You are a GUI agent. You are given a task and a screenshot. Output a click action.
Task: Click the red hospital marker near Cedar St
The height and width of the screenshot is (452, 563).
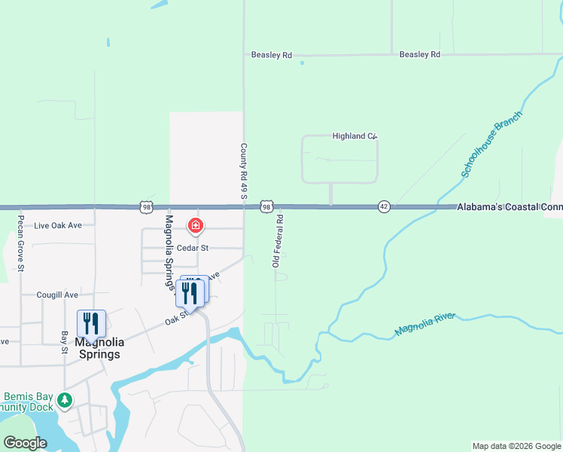click(x=196, y=225)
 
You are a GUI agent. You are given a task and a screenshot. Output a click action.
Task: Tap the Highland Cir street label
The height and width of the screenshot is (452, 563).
click(x=354, y=136)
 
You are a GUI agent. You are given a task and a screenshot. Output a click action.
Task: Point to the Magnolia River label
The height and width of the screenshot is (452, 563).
click(x=426, y=324)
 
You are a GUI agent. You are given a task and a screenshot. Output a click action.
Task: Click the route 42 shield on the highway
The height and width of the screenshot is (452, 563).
click(x=384, y=207)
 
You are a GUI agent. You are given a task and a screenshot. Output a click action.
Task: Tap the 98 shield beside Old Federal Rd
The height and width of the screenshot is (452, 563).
click(x=266, y=206)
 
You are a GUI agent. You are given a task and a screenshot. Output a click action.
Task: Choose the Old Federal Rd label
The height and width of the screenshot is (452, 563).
click(x=277, y=240)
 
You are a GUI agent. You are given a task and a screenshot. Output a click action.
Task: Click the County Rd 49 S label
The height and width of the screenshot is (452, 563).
click(x=243, y=172)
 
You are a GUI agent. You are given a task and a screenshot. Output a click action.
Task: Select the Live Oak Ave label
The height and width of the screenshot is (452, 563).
click(x=58, y=225)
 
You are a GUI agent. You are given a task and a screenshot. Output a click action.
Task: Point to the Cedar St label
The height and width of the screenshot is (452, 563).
click(x=193, y=247)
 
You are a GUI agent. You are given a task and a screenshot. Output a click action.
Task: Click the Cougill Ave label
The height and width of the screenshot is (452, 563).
click(x=57, y=295)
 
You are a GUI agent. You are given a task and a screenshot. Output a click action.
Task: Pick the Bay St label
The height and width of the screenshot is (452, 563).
click(x=65, y=341)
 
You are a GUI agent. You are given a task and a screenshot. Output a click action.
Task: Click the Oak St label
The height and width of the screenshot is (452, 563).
click(x=176, y=321)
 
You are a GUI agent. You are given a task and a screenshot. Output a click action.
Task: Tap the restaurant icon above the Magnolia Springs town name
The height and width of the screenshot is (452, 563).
click(x=91, y=324)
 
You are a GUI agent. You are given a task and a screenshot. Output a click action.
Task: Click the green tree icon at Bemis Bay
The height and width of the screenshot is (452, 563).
click(x=65, y=399)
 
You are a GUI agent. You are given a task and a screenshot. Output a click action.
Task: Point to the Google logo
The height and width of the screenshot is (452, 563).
click(x=26, y=443)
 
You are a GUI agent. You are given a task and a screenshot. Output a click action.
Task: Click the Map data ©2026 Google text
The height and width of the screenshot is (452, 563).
click(x=516, y=446)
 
